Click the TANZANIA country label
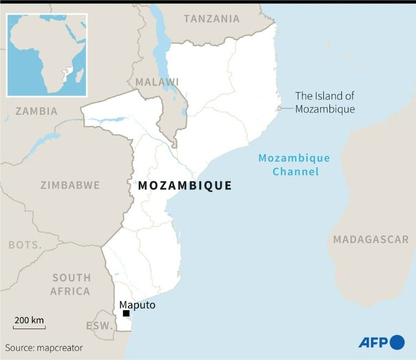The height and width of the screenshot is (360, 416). point(211,19)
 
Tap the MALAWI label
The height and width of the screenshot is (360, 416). point(157,82)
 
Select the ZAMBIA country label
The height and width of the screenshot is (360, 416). point(36,111)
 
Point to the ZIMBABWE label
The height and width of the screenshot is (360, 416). point(70,185)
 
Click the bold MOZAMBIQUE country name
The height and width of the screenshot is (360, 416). point(185,186)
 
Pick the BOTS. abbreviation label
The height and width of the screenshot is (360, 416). point(25,245)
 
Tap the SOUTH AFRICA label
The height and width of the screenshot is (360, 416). point(70,284)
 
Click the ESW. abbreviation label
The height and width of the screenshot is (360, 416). point(99,326)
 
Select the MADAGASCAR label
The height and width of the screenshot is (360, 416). point(370,239)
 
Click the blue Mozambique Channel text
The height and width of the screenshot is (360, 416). point(294,165)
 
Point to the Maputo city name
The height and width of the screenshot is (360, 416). point(138,305)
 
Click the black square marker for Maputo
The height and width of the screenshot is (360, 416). point(126,313)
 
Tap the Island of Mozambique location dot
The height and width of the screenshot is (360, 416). point(279,109)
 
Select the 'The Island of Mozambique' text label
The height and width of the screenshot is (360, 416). point(324,102)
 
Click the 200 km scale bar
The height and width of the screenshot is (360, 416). point(29,327)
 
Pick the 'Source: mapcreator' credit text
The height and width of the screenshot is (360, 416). point(44,348)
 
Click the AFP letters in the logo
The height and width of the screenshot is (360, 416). point(373,342)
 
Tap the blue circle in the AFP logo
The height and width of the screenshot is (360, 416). point(397,342)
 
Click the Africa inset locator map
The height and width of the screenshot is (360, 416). point(46,55)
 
